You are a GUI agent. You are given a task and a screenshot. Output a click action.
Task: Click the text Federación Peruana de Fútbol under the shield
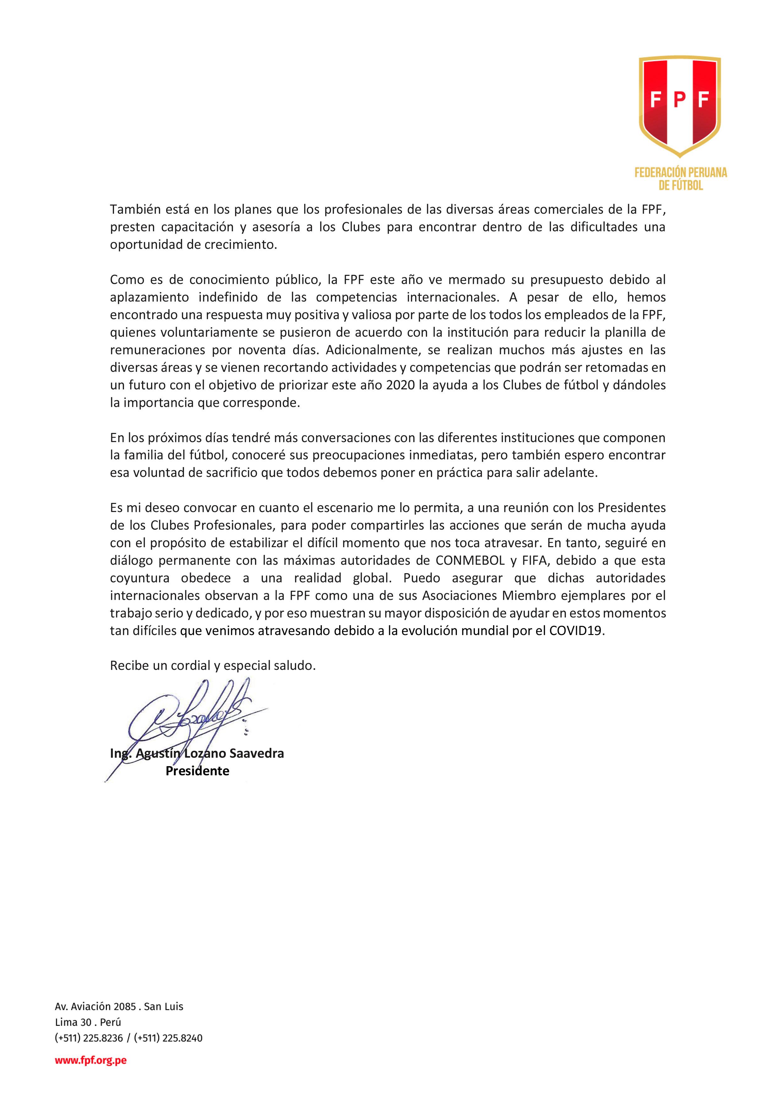pos(680,179)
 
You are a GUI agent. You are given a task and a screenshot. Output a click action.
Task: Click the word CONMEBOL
pos(470,561)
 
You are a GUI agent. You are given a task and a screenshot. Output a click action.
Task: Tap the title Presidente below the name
pos(197,771)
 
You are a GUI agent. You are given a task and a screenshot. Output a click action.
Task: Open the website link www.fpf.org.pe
pos(90,1060)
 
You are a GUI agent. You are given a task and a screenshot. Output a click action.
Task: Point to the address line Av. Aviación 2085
pos(96,1007)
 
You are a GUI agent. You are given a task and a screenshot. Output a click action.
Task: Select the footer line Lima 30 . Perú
pos(88,1022)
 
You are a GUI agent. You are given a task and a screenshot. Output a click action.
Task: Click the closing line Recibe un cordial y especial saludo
pos(213,666)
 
